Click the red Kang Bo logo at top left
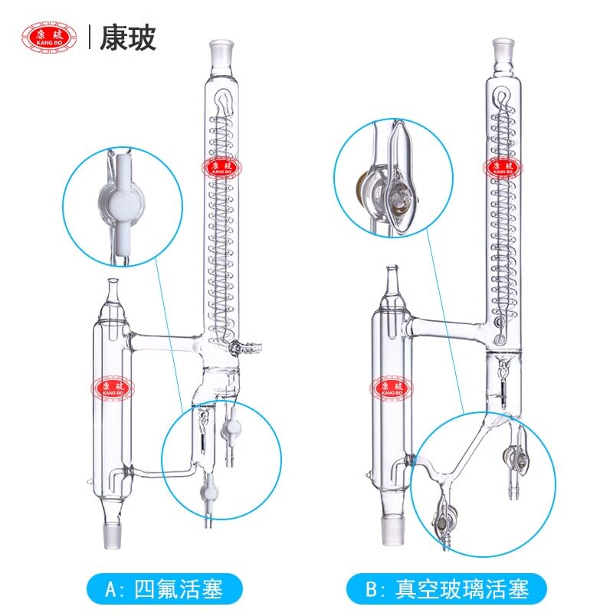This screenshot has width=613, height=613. point(49,38)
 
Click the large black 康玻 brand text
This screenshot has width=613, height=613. point(127,38)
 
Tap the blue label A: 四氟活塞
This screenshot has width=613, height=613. point(165,589)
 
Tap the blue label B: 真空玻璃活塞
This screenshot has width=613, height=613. point(446,589)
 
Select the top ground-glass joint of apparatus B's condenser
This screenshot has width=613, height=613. point(503,52)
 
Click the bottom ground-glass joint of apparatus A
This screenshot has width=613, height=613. point(112,536)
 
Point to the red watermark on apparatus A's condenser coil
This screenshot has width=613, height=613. point(221,167)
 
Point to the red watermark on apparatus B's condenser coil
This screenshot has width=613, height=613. point(503,167)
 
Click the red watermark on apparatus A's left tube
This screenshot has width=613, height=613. point(112,388)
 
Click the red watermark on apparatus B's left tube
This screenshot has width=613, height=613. point(392,388)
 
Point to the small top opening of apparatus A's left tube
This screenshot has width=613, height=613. point(113,281)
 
